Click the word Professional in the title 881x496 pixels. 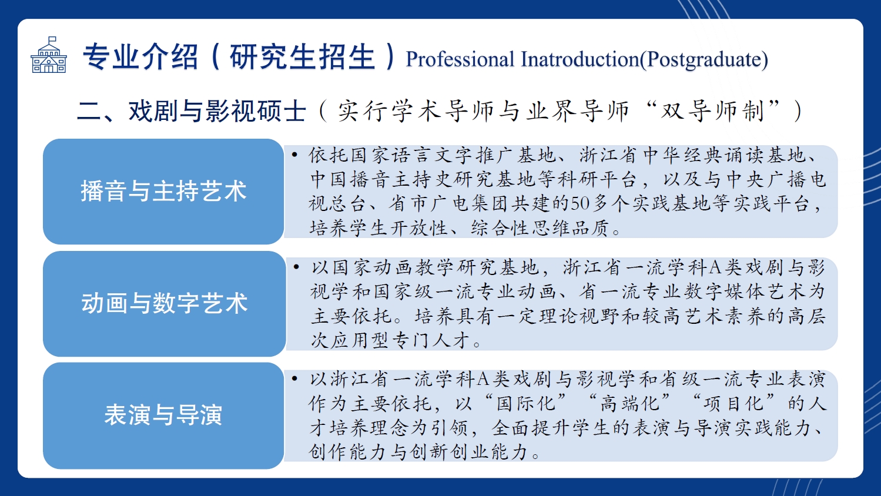[x=460, y=59]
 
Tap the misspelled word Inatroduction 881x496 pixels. [x=580, y=59]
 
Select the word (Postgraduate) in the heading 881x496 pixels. [x=704, y=60]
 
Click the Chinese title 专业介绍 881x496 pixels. [x=140, y=56]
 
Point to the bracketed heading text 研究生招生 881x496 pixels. [x=302, y=56]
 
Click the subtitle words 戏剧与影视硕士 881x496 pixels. [x=217, y=110]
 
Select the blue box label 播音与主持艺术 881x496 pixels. [x=163, y=191]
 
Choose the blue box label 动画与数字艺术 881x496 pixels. [x=165, y=303]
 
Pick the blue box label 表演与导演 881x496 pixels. [x=163, y=414]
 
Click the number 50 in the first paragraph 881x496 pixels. [x=580, y=204]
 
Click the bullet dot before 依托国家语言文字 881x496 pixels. [x=294, y=155]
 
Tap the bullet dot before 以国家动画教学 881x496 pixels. [x=296, y=267]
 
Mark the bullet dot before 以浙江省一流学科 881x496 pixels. [x=294, y=379]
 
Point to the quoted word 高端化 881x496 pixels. [x=629, y=404]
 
